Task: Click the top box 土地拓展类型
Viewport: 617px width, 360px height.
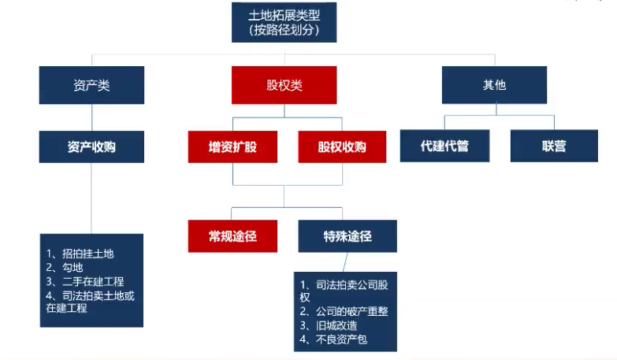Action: point(284,22)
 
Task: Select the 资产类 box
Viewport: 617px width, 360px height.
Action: point(91,85)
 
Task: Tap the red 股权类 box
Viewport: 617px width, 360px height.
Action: point(284,85)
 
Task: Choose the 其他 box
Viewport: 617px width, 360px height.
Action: point(494,85)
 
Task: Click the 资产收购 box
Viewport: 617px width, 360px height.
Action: point(91,147)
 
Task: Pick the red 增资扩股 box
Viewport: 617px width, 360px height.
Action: point(232,147)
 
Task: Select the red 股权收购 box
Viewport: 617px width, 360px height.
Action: point(342,147)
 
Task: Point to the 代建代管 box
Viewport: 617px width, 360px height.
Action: point(444,146)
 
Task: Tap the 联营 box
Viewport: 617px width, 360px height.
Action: point(554,146)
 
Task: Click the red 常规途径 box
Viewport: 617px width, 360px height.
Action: point(232,236)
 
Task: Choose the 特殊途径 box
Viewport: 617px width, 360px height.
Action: point(348,236)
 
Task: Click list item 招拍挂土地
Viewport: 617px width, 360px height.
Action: point(80,254)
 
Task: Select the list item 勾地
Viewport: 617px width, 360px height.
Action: point(65,268)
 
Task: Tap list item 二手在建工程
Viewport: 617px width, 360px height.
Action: point(85,282)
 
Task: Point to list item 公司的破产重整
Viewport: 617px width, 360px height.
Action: point(344,312)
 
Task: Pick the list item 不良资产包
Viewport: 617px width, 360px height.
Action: point(333,340)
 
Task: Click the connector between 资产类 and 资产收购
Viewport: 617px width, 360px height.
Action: point(92,117)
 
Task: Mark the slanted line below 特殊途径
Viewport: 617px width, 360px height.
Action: point(345,262)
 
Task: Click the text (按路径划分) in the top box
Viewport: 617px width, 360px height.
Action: point(284,30)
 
